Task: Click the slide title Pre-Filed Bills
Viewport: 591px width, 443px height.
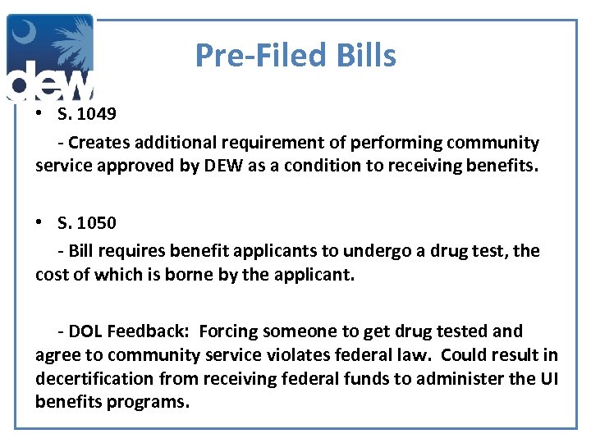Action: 295,56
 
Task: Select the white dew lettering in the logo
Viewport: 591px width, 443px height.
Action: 49,82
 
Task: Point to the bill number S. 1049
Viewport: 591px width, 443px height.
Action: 87,112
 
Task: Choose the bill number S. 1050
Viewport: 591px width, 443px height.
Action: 87,222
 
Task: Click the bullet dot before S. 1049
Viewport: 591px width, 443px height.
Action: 40,112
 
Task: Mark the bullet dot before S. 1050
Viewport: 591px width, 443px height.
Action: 40,223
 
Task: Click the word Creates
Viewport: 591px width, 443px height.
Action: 98,143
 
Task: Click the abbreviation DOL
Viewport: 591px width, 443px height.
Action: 85,331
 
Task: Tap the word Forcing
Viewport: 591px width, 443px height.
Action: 230,331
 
